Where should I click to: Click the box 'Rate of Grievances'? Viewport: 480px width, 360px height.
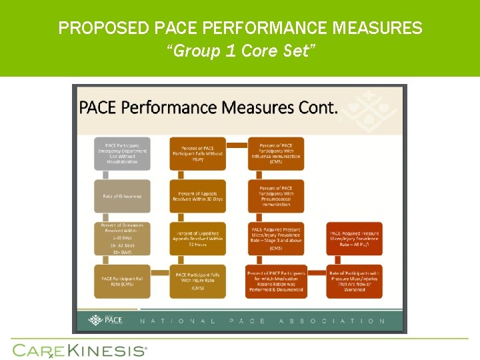pos(122,196)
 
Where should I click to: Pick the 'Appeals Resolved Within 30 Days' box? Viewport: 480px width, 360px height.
pos(197,196)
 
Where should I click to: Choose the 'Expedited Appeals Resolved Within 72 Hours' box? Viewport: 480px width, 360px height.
pos(197,238)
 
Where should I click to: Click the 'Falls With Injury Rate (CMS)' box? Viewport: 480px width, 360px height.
pos(197,281)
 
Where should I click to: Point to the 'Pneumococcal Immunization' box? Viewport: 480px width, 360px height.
pos(275,196)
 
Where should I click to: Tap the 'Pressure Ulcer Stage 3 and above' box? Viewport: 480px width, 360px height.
pos(275,238)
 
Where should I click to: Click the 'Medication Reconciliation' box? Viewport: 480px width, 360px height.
pos(275,281)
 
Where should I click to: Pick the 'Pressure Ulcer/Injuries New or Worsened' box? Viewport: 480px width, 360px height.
pos(355,281)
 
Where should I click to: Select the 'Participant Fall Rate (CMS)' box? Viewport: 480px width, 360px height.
pos(122,281)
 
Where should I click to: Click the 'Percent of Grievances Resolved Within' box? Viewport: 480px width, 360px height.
pos(122,238)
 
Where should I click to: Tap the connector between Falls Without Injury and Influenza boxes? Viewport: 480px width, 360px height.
pos(236,145)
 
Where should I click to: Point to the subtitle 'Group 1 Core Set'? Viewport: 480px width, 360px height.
pos(240,51)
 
